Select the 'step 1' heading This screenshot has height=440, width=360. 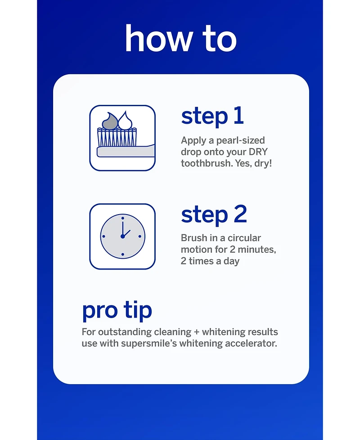pos(212,117)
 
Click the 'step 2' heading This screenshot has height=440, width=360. pos(214,215)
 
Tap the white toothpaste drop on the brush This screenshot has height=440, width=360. pos(126,121)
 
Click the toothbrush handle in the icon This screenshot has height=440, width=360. pos(126,151)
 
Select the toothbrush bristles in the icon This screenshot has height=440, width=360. pos(117,137)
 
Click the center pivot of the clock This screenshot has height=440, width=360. pos(122,236)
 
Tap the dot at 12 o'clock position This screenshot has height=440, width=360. pos(122,218)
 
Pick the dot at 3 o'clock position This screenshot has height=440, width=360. pos(140,236)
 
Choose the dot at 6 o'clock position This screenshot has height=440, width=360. pos(122,254)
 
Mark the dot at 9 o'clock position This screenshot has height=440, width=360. pos(104,236)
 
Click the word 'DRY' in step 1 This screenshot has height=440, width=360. pos(258,152)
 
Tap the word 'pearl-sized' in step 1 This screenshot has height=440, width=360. pos(240,140)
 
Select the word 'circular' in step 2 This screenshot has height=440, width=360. pos(244,238)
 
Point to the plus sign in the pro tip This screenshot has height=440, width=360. pos(196,332)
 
